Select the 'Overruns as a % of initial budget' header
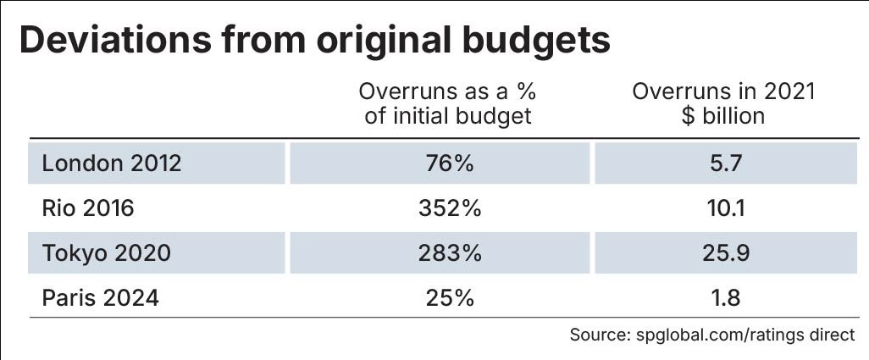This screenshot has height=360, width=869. [x=448, y=103]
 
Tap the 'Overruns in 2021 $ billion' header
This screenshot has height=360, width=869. [x=723, y=103]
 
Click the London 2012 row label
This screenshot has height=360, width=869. [x=111, y=163]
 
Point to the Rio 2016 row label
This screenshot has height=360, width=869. [x=87, y=208]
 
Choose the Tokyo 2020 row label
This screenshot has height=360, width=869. [x=106, y=252]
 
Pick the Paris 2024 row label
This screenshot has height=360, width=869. [x=100, y=298]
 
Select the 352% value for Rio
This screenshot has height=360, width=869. [x=450, y=208]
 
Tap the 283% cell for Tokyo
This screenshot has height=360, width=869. [x=450, y=252]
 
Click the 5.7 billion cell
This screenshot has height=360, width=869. [x=724, y=163]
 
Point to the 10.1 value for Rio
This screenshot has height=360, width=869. [x=724, y=208]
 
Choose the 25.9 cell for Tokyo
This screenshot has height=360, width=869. [x=724, y=252]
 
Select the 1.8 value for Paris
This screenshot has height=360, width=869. [x=724, y=298]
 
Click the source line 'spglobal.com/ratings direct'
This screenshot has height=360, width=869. [x=744, y=335]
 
